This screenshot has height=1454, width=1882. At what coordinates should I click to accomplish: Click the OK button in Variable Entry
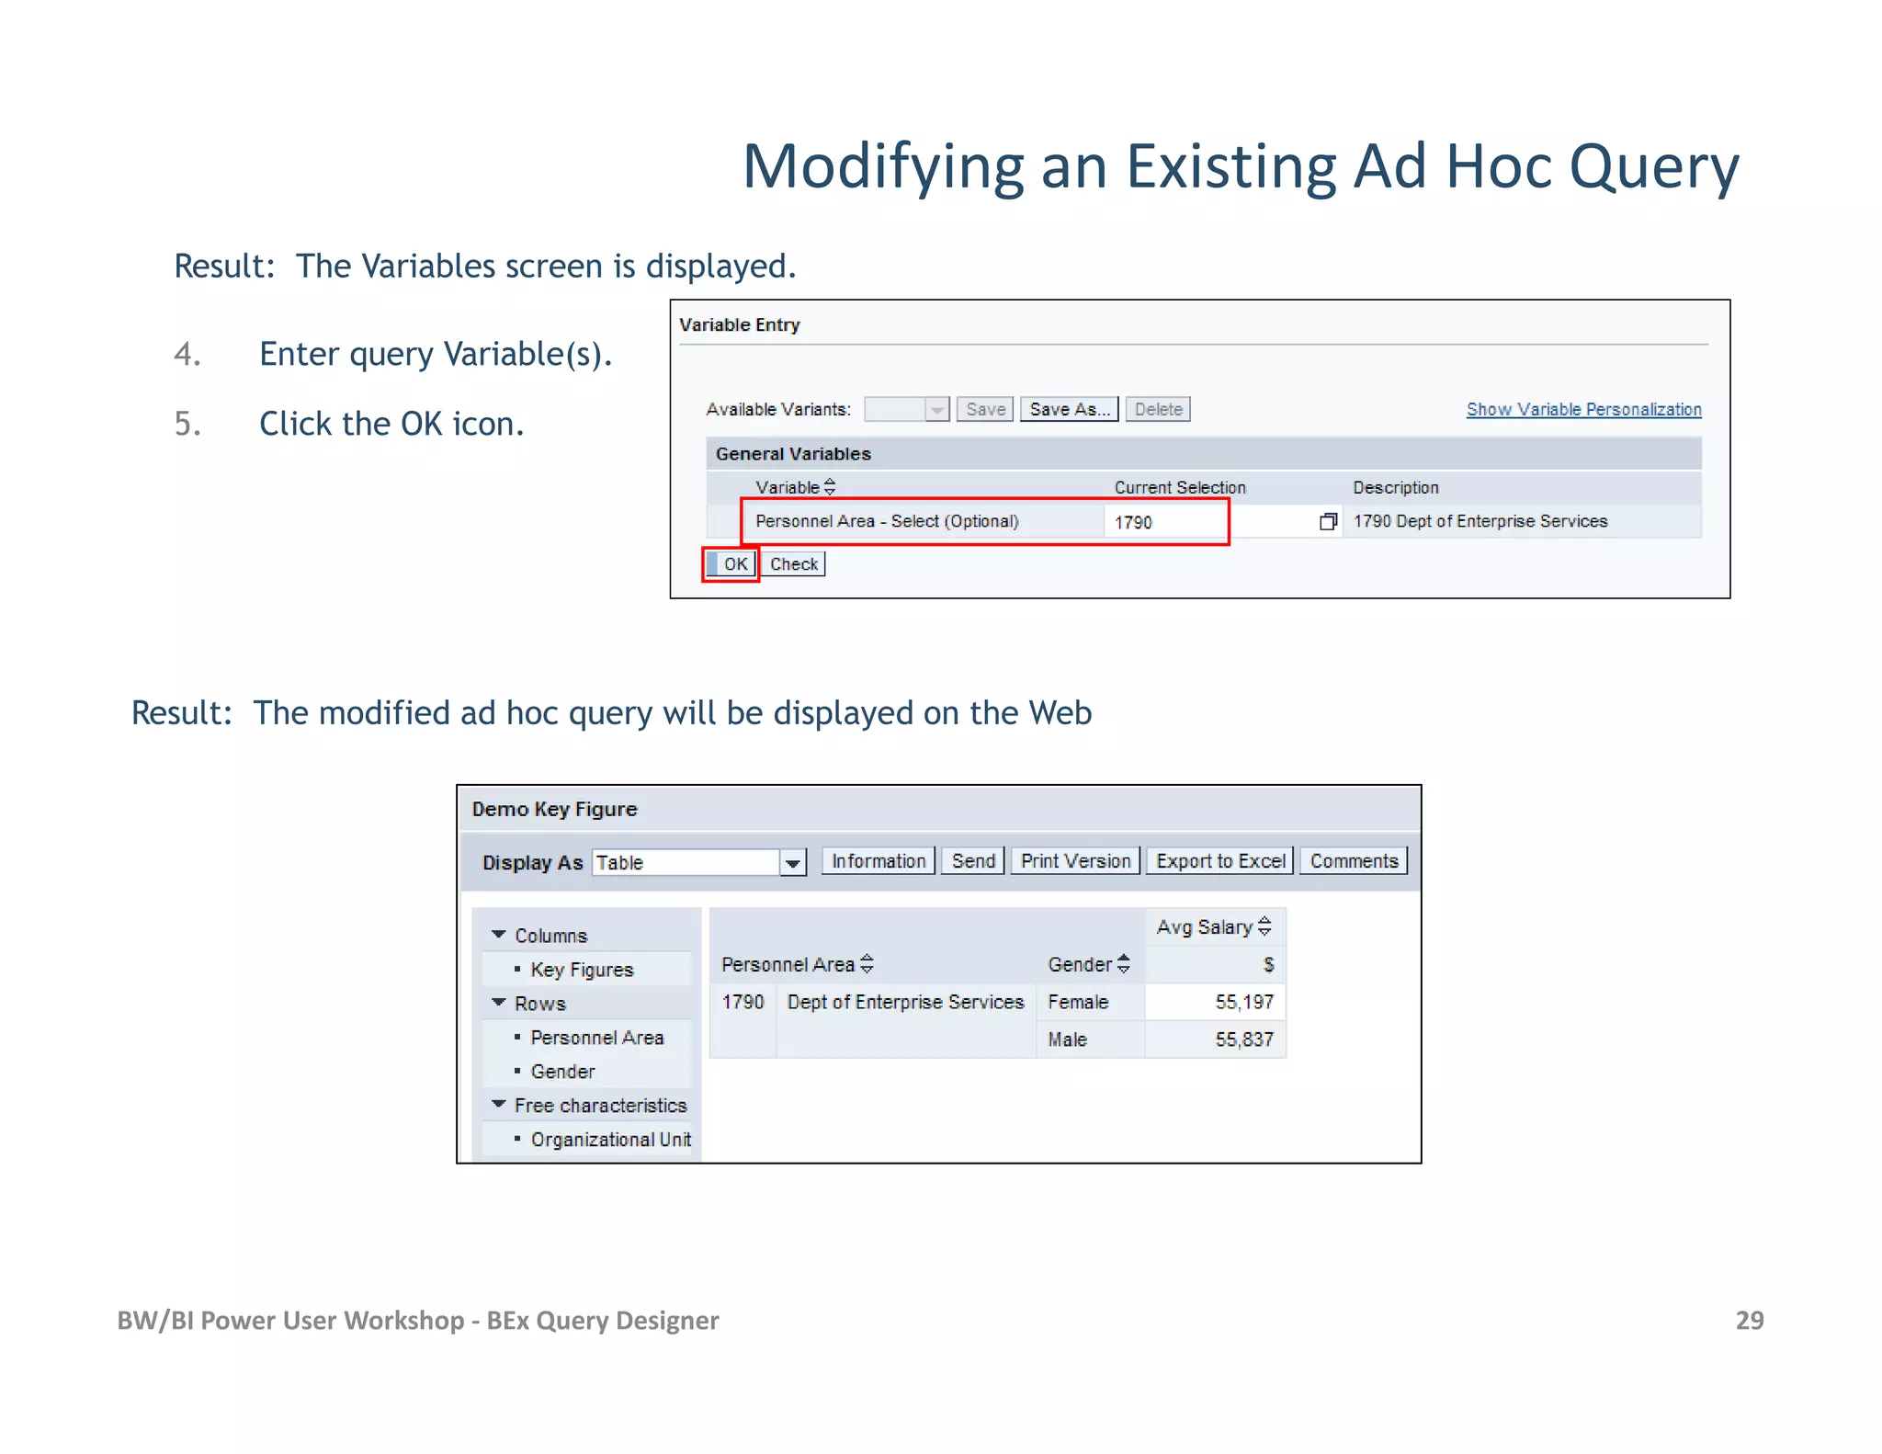coord(733,564)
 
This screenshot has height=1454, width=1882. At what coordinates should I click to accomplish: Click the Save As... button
coord(1069,409)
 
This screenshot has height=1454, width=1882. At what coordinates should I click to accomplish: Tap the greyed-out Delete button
coord(1158,409)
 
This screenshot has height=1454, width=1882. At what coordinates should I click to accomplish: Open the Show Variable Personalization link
coord(1583,410)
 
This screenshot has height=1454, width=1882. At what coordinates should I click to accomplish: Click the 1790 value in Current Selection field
coord(1133,522)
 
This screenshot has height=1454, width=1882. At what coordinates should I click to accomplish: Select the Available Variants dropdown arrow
coord(936,410)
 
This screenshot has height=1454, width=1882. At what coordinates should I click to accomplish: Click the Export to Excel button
coord(1220,861)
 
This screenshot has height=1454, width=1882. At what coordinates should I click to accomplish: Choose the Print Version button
coord(1075,861)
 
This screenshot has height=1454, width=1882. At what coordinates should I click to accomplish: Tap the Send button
coord(973,861)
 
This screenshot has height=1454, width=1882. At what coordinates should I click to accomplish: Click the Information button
coord(879,861)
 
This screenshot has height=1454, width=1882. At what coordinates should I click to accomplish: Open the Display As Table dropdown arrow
coord(792,863)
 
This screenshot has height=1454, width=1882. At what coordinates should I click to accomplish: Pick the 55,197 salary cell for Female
coord(1243,1002)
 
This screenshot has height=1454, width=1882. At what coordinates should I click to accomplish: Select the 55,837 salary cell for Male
coord(1243,1039)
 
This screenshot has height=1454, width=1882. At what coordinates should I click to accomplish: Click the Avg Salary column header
coord(1205,927)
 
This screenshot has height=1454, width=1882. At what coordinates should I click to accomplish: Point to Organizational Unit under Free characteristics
coord(610,1140)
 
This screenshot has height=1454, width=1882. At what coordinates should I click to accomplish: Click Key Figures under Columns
coord(582,970)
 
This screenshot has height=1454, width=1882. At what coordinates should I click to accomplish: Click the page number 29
coord(1749,1321)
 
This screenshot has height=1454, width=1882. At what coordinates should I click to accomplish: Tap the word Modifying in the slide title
coord(882,167)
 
